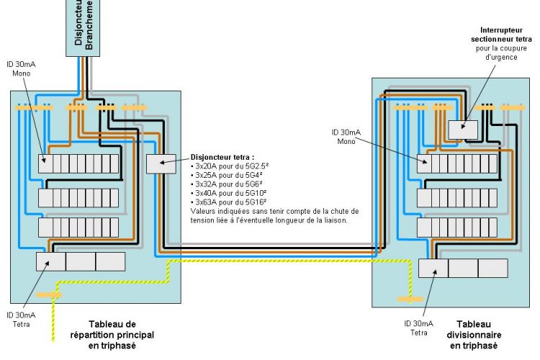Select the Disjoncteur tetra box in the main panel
point(161,163)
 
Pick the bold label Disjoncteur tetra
point(222,156)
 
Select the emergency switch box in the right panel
point(463,129)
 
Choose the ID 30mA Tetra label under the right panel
point(418,328)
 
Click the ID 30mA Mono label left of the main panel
point(21,69)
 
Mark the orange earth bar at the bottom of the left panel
point(49,294)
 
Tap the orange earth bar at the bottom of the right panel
point(409,297)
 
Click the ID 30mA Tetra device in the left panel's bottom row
point(50,261)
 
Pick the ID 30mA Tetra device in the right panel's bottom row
point(433,268)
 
